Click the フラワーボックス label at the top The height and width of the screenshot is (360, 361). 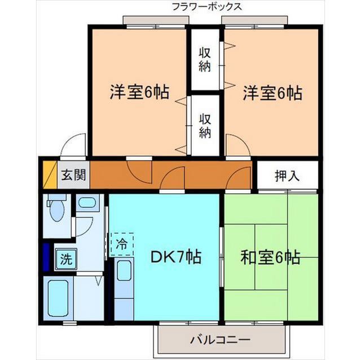[207, 7]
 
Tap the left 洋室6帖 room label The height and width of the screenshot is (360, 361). [139, 92]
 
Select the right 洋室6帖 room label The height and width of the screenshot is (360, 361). [272, 92]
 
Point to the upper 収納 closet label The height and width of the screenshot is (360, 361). [205, 59]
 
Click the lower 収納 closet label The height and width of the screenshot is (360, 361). [205, 126]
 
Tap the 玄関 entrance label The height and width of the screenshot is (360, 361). [74, 175]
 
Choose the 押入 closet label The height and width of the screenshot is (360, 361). [287, 176]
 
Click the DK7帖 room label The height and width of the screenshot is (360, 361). [175, 257]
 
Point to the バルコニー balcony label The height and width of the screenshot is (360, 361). [219, 340]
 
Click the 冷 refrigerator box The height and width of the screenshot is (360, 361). [122, 243]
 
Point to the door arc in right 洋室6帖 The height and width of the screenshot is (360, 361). [236, 145]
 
